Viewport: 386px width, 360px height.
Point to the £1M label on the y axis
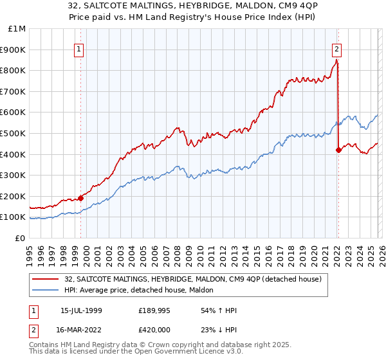click(17, 28)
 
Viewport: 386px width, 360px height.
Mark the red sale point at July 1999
click(81, 198)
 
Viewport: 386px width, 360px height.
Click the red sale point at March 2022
click(338, 150)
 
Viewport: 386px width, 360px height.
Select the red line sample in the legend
click(46, 279)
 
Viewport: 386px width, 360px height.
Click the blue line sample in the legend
click(46, 290)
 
